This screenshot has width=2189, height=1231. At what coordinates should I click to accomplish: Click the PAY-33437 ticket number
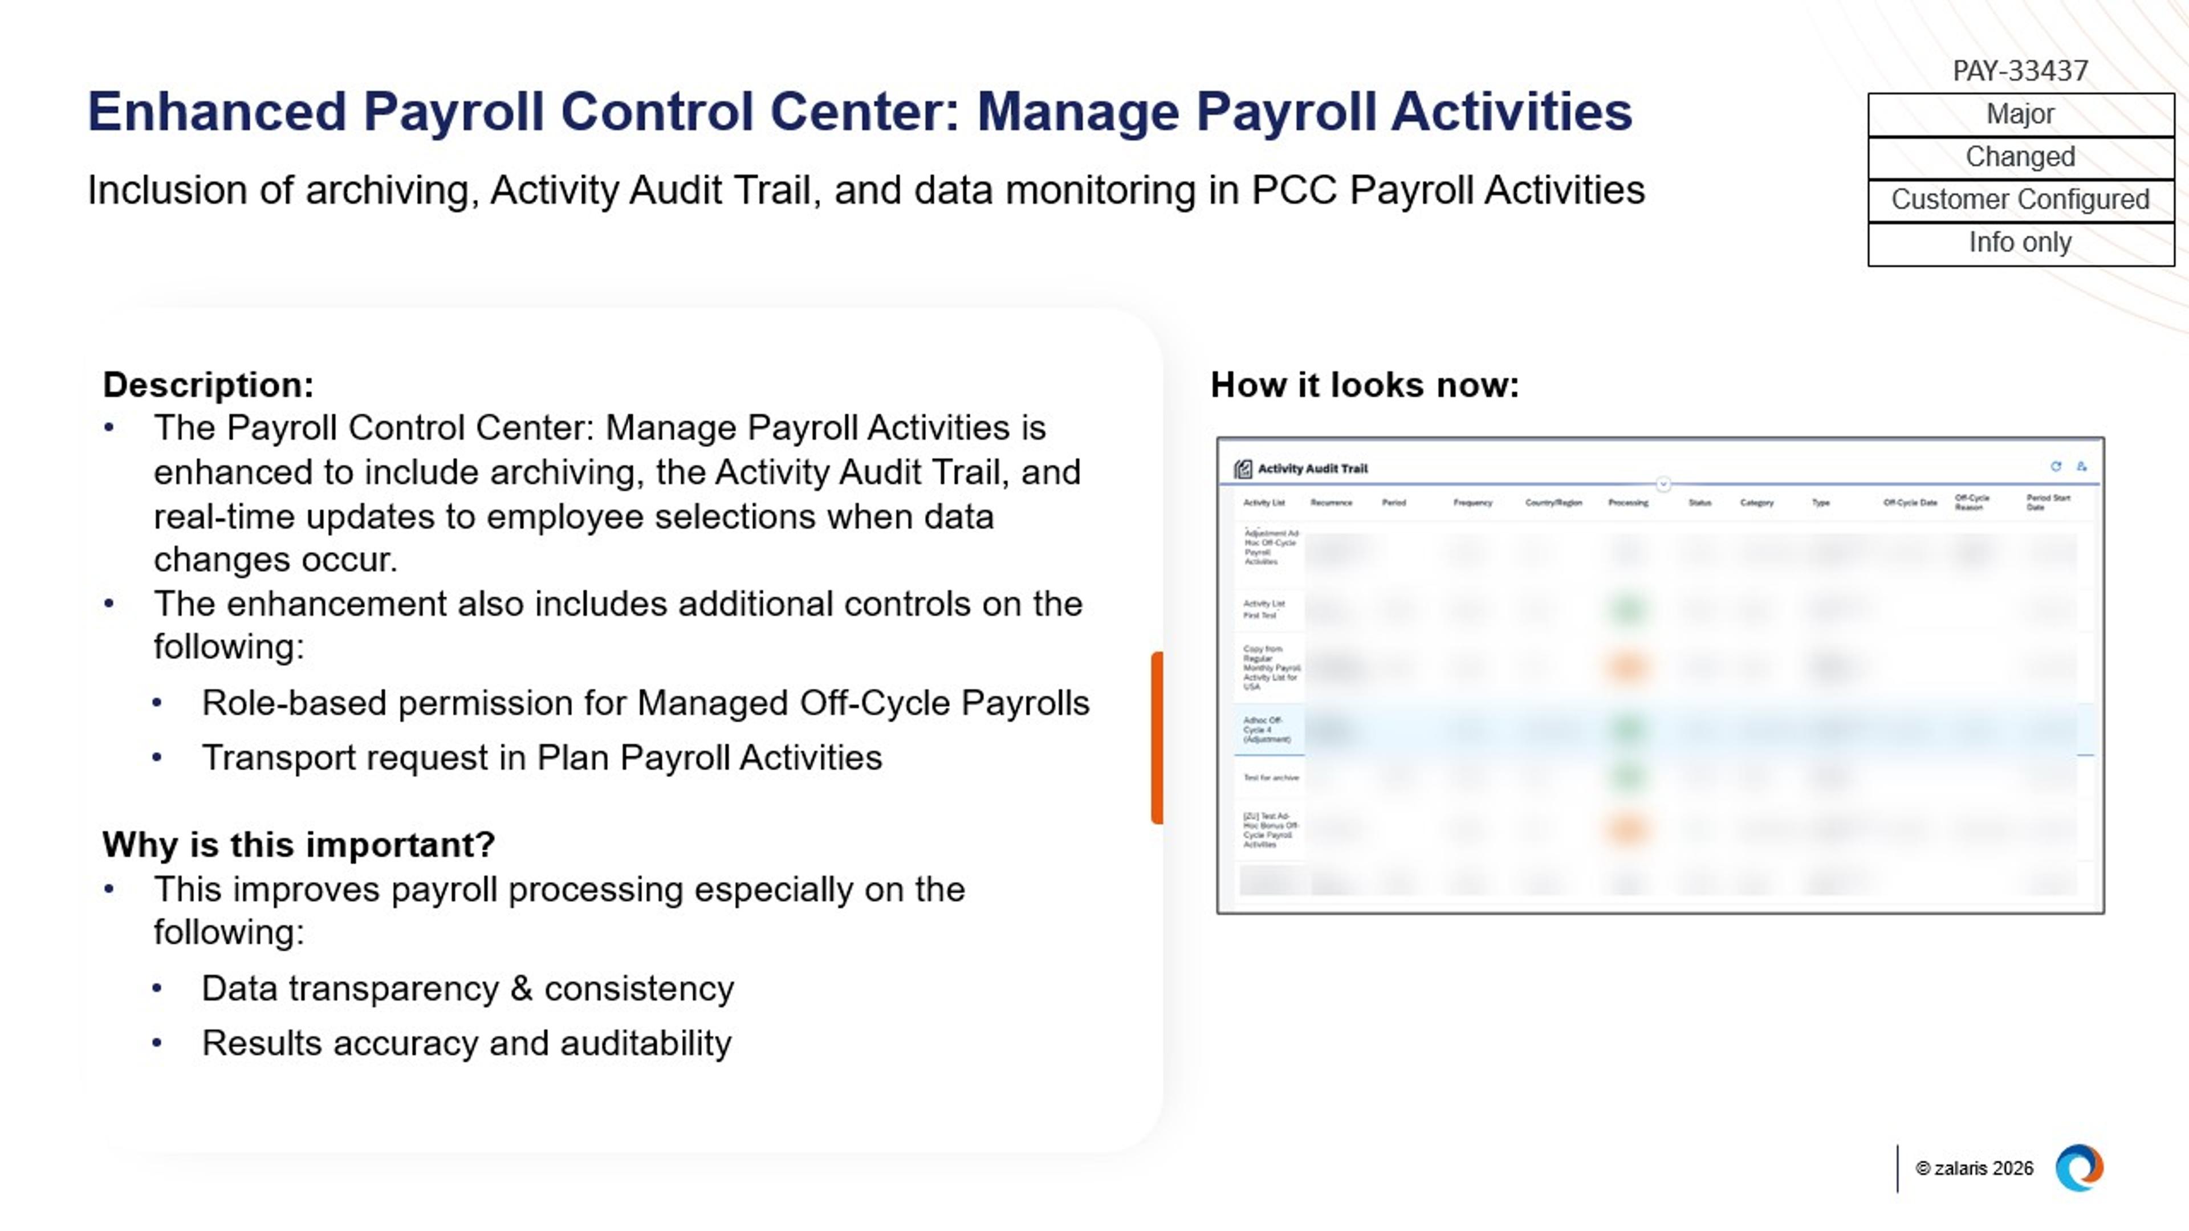pyautogui.click(x=2020, y=71)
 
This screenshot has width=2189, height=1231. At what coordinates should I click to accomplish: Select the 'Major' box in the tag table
pyautogui.click(x=2020, y=114)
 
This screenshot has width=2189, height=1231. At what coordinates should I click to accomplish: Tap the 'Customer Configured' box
pyautogui.click(x=2020, y=199)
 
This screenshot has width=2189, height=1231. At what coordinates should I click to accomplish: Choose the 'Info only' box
pyautogui.click(x=2020, y=243)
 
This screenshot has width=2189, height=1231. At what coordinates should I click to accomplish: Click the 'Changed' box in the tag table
pyautogui.click(x=2020, y=157)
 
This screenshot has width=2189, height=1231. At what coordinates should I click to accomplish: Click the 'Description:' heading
pyautogui.click(x=208, y=385)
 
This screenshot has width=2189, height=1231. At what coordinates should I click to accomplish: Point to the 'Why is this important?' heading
pyautogui.click(x=298, y=845)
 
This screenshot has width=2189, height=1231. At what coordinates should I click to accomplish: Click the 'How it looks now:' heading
pyautogui.click(x=1365, y=385)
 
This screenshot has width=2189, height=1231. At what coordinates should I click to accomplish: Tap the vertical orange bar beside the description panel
pyautogui.click(x=1157, y=737)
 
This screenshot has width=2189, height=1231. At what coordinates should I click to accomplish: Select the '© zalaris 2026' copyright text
pyautogui.click(x=1974, y=1169)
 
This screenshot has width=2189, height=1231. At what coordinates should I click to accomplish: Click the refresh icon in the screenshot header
pyautogui.click(x=2056, y=466)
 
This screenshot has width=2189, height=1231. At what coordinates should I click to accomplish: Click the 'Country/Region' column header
pyautogui.click(x=1553, y=503)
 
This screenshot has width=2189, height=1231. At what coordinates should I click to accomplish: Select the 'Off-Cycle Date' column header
pyautogui.click(x=1910, y=503)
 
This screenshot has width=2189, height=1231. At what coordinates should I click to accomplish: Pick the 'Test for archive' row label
pyautogui.click(x=1271, y=777)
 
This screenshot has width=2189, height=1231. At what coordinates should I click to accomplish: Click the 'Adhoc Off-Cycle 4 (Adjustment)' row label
pyautogui.click(x=1266, y=729)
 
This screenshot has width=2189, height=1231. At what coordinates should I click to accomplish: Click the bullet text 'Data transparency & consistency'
pyautogui.click(x=467, y=989)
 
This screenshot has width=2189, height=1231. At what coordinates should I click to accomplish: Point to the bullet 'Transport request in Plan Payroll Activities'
pyautogui.click(x=542, y=758)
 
